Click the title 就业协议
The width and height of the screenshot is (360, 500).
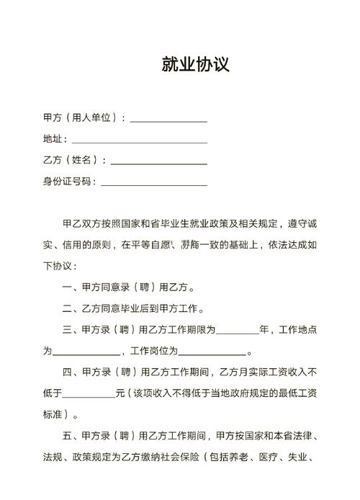195,65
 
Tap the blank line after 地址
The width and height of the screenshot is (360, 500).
140,140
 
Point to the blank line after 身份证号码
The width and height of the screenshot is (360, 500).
154,183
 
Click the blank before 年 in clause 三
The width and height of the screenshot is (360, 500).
237,331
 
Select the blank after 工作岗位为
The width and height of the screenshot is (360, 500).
212,353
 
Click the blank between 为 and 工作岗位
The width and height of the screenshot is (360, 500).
86,353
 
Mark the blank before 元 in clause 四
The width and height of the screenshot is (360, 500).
89,395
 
